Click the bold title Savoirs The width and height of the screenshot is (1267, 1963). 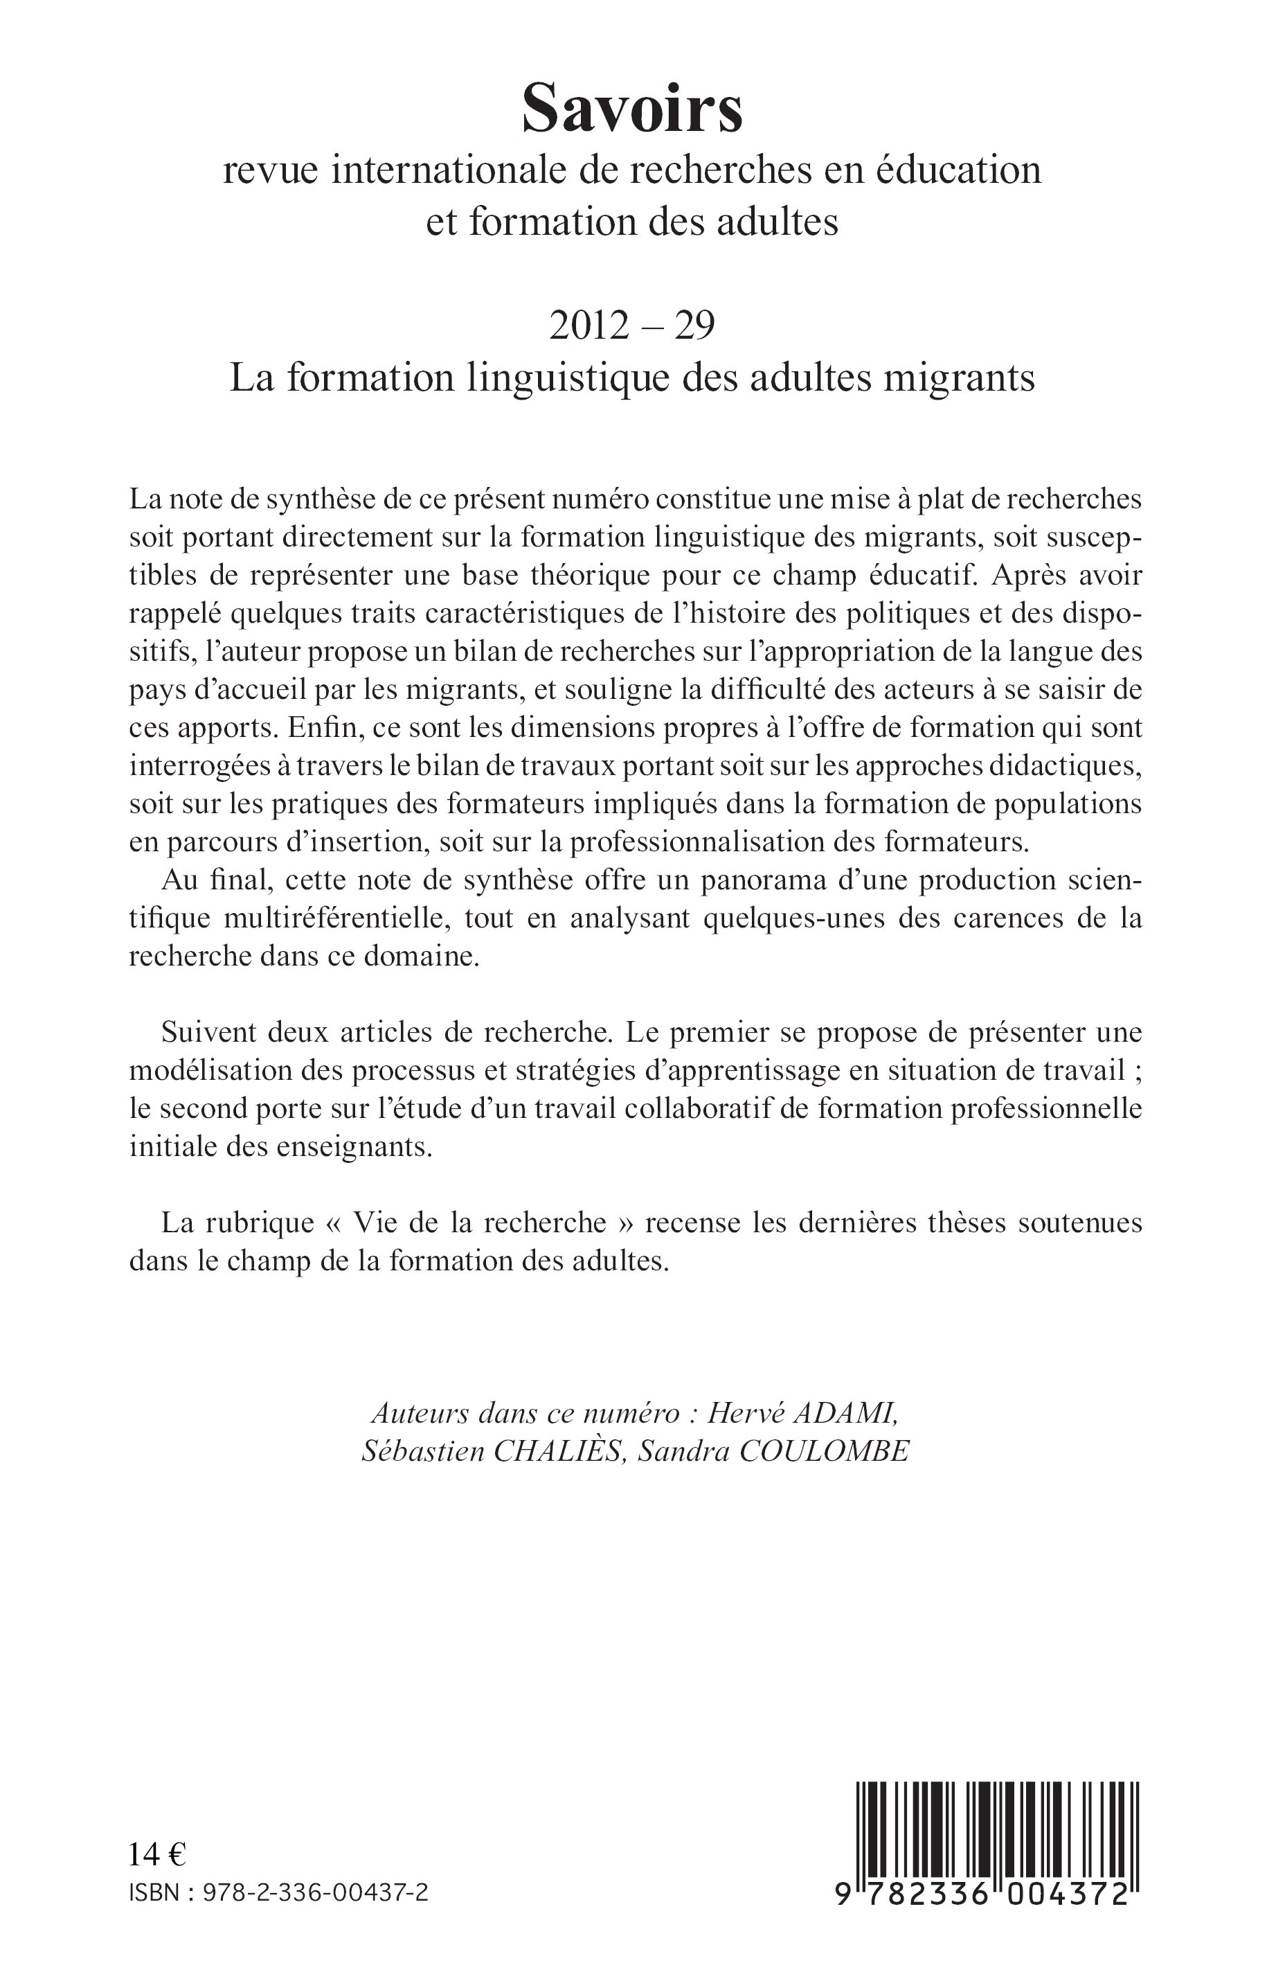tap(633, 109)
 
